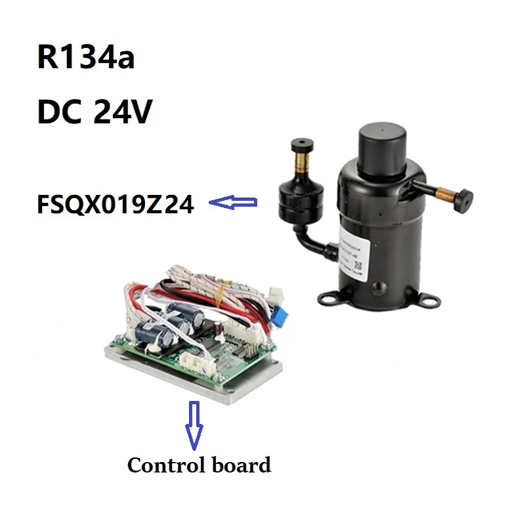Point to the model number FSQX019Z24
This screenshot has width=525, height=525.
(115, 205)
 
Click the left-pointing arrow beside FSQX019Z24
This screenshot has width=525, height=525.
(233, 205)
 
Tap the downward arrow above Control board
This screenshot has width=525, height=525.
(195, 423)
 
